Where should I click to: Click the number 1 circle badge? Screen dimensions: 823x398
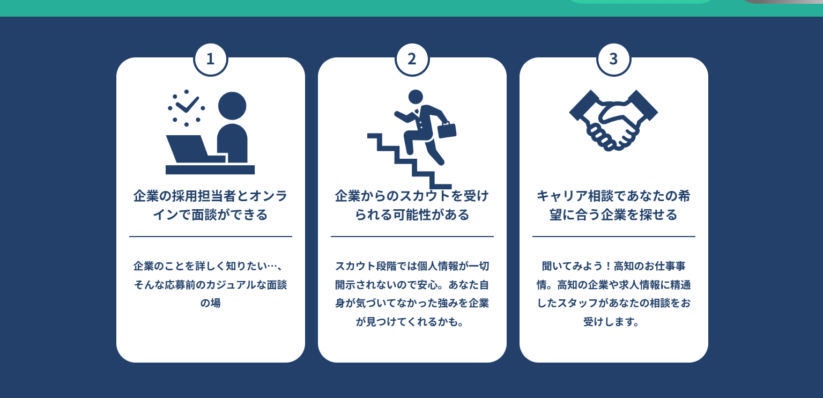[211, 59]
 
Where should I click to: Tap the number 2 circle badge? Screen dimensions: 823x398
[412, 59]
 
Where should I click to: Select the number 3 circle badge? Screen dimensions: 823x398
[614, 59]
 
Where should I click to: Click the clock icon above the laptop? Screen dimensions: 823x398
[186, 108]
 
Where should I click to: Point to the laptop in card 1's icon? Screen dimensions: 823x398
[196, 149]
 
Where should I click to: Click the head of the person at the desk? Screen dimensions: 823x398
[232, 106]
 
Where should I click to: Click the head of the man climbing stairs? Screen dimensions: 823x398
[416, 97]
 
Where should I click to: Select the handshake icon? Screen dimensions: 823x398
[613, 120]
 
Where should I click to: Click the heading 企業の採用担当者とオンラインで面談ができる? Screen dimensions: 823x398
[211, 205]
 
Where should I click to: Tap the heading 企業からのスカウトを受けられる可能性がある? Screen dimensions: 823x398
[412, 205]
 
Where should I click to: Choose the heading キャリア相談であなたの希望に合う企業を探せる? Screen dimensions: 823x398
[613, 205]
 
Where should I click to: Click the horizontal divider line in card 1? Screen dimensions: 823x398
[211, 237]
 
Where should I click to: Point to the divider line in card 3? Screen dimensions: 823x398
[614, 237]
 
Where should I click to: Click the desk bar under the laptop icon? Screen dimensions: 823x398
[210, 170]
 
